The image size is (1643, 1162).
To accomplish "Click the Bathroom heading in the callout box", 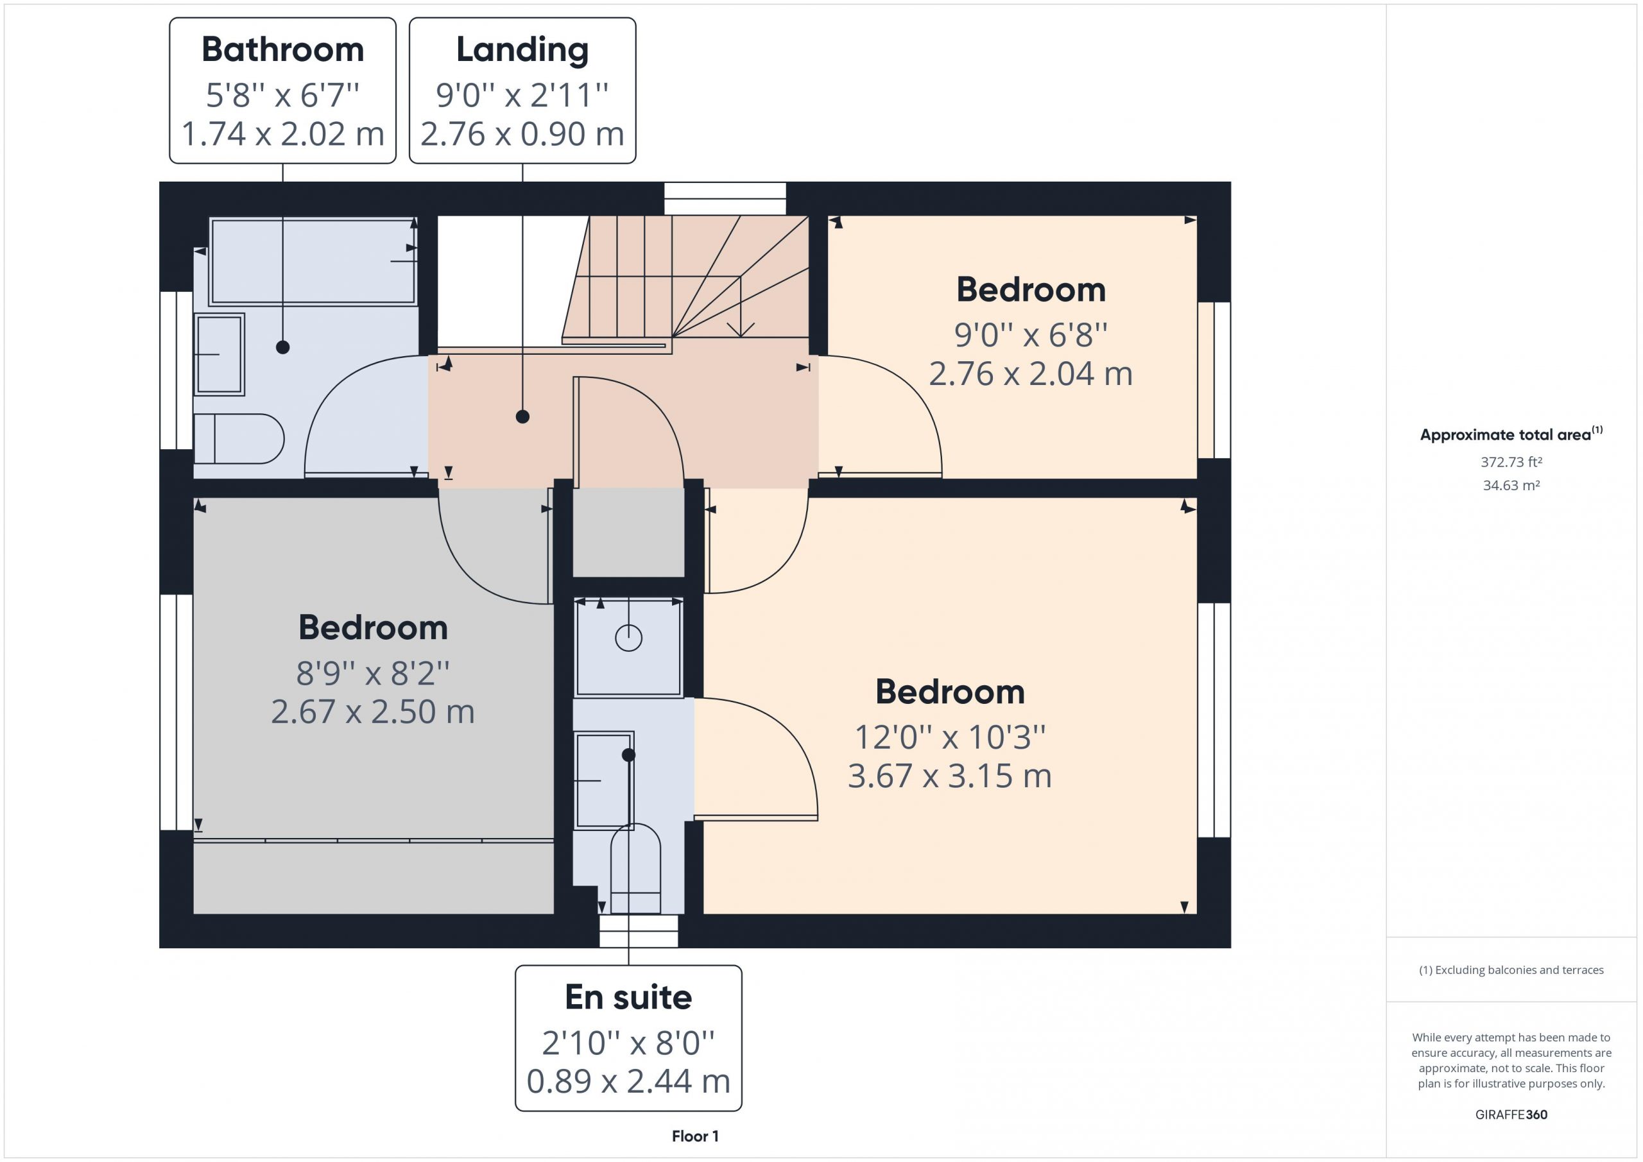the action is click(x=282, y=49).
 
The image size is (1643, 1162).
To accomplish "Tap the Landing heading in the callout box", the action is click(x=522, y=51).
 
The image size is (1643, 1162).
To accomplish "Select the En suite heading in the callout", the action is click(x=628, y=996).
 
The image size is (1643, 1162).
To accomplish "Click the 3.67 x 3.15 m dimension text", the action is click(x=950, y=776).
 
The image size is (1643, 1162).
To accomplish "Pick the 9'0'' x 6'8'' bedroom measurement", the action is click(x=1031, y=335).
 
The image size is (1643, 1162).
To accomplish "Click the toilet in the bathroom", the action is click(x=239, y=439).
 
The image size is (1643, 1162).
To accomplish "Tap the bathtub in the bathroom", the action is click(x=313, y=261).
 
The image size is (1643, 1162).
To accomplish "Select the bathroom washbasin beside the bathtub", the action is click(x=219, y=354).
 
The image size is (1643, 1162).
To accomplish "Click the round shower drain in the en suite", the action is click(x=628, y=638).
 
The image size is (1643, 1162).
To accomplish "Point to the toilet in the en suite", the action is click(x=635, y=868).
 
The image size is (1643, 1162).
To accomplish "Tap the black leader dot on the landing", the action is click(x=522, y=416).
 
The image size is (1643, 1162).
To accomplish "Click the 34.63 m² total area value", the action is click(x=1511, y=485).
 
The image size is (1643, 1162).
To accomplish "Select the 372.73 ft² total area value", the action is click(x=1511, y=462).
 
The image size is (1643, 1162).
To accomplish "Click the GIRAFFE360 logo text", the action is click(x=1511, y=1115).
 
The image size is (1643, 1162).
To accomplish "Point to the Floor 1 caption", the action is click(x=695, y=1136).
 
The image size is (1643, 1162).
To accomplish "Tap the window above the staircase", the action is click(x=725, y=198).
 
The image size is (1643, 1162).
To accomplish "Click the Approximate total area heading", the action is click(x=1511, y=434).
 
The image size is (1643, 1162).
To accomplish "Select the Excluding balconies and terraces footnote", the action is click(x=1511, y=970).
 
